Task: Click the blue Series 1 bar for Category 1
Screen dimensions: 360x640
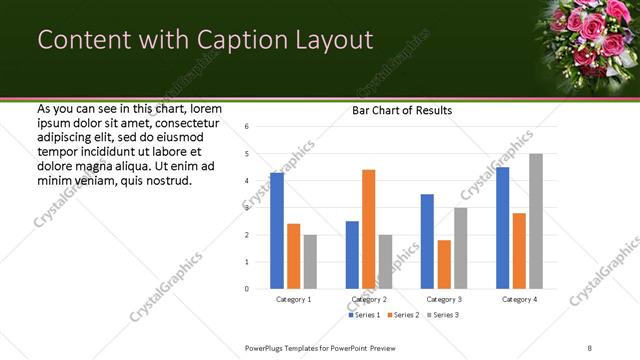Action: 277,231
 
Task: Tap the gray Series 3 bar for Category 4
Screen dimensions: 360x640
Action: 536,221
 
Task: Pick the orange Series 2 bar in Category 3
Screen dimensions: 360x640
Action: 444,264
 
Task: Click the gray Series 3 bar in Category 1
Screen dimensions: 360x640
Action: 310,262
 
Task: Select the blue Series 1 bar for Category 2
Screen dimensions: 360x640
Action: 352,255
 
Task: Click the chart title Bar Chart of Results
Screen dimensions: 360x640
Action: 401,110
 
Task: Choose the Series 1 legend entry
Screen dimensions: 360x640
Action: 364,315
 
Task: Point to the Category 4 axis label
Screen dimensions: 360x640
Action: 519,299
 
